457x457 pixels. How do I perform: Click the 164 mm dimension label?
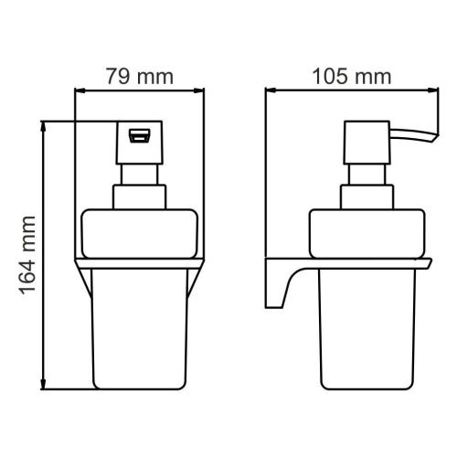[27, 255]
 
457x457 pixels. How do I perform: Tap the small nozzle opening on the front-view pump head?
[141, 136]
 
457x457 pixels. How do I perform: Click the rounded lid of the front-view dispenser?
[140, 233]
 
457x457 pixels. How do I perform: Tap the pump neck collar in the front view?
[141, 196]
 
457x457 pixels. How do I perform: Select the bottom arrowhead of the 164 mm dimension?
[44, 385]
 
